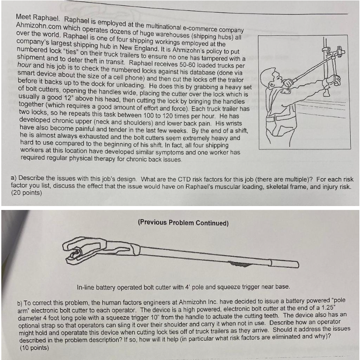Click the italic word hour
point(25,73)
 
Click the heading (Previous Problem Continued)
point(183,223)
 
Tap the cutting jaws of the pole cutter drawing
point(77,251)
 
